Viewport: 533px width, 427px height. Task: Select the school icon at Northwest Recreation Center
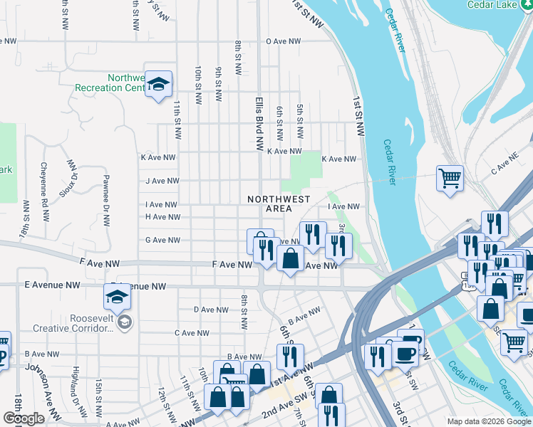[x=159, y=85]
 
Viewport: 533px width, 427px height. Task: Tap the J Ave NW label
[x=160, y=181]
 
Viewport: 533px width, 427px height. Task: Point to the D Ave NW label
[x=211, y=310]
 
